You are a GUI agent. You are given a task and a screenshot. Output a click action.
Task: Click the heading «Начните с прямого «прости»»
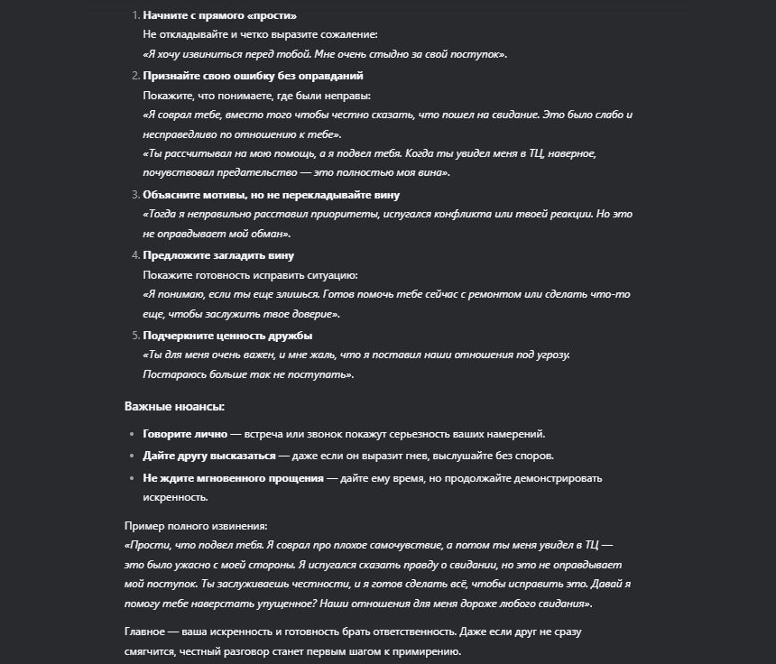[x=219, y=16]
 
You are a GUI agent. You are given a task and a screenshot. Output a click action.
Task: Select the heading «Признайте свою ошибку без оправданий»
[x=253, y=76]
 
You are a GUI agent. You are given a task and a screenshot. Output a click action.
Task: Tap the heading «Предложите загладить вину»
[x=218, y=255]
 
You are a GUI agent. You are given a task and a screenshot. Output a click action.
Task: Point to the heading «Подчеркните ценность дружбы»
[x=227, y=335]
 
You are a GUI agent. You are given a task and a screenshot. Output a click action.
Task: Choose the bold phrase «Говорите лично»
[x=185, y=433]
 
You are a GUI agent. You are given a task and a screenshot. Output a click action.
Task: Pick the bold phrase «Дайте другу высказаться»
[x=208, y=455]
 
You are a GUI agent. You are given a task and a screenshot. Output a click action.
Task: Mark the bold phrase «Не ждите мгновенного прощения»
[x=233, y=477]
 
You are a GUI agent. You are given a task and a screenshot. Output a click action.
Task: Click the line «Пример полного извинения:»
[x=196, y=525]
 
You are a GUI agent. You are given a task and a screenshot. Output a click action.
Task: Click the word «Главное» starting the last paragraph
[x=144, y=631]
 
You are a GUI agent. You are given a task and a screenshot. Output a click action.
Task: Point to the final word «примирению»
[x=431, y=650]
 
